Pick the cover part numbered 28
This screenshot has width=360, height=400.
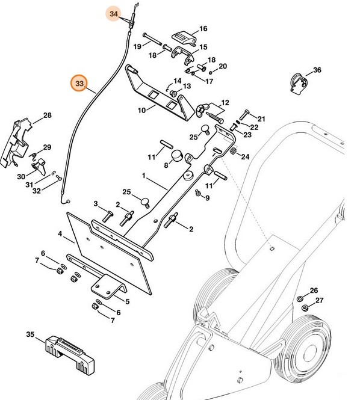tap(20, 141)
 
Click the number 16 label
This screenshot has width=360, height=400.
tap(203, 28)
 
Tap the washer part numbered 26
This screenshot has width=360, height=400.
tap(300, 299)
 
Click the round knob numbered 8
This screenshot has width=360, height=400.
tap(176, 156)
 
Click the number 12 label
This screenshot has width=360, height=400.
tap(225, 103)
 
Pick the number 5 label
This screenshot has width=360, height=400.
tap(126, 301)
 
